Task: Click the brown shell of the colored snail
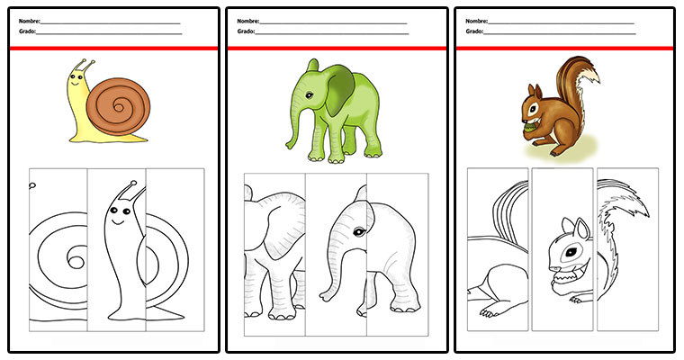coord(118,106)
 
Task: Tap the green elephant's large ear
coord(340,90)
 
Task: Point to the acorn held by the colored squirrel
coord(528,128)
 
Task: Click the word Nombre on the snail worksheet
coord(29,21)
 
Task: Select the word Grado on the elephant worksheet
coord(246,31)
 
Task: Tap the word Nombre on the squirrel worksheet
coord(476,21)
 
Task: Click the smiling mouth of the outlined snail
coord(118,221)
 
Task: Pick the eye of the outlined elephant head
coord(359,231)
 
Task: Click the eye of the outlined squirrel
coord(571,252)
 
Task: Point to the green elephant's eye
coord(310,95)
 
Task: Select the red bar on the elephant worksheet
coord(337,48)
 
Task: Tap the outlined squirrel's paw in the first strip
coord(489,312)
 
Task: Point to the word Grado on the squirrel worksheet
coord(474,31)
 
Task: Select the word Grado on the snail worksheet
coord(28,31)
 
